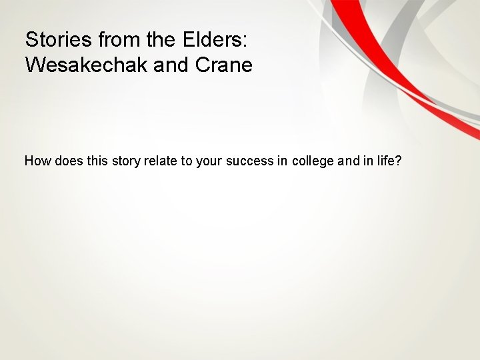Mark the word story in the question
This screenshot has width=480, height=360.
[x=125, y=161]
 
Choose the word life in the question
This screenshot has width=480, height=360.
[x=385, y=161]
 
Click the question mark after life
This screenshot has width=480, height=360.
[x=398, y=161]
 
